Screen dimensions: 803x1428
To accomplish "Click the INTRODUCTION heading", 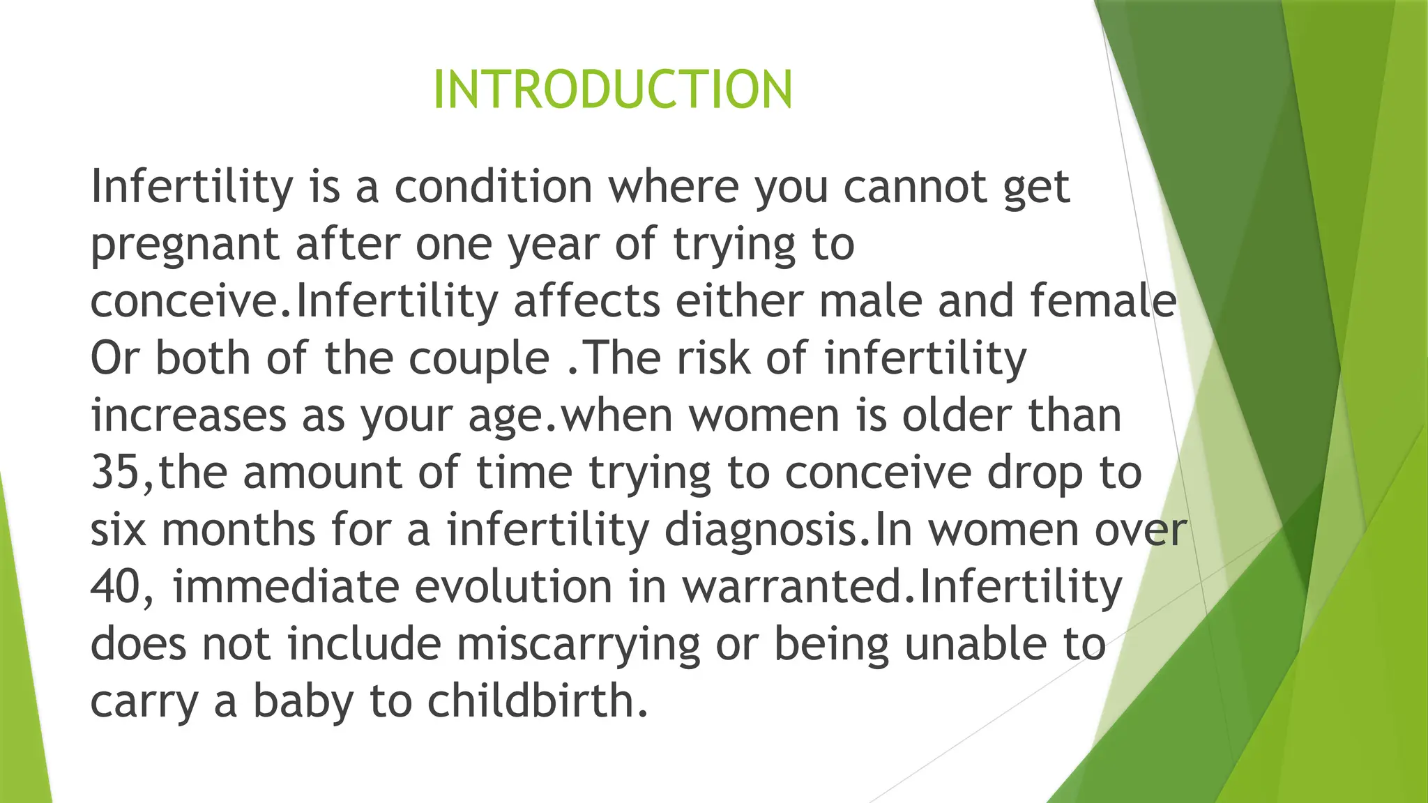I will click(612, 90).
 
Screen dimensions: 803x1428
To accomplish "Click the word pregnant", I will click(185, 245).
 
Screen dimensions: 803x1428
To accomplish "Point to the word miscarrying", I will click(578, 645).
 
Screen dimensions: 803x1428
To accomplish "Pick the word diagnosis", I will click(760, 530).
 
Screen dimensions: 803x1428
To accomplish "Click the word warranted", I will click(791, 587).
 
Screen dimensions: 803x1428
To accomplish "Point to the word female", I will click(1104, 301).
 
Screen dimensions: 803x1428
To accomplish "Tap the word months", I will click(238, 530).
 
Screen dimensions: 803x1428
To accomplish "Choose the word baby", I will click(303, 701).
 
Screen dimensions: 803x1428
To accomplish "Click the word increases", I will click(188, 416).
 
